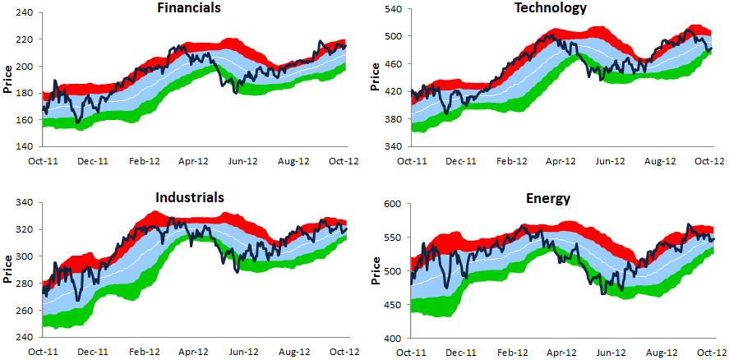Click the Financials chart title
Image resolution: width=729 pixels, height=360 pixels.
coord(193,8)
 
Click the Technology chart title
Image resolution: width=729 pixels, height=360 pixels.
coord(551,8)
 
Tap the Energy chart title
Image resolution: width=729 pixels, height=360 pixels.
coord(551,197)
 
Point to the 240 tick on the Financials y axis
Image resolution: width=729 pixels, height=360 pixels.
coord(24,13)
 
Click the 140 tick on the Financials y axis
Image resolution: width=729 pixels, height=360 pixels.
coord(24,146)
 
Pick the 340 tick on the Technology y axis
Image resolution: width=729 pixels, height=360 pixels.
coord(390,146)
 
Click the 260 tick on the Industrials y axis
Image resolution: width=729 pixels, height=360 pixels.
coord(24,311)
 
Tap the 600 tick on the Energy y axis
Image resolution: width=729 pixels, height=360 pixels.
coord(390,204)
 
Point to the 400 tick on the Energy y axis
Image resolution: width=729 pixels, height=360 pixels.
coord(390,339)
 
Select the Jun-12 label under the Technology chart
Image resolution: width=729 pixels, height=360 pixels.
coord(607,161)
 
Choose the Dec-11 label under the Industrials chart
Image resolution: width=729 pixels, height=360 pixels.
coord(93,351)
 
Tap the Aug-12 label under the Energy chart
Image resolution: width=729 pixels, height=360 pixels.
coord(660,351)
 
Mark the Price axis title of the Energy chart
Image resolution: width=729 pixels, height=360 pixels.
coord(375,271)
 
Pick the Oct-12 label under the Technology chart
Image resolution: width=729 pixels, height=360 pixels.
coord(709,161)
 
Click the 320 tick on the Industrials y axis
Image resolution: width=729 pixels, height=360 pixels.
coord(24,229)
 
